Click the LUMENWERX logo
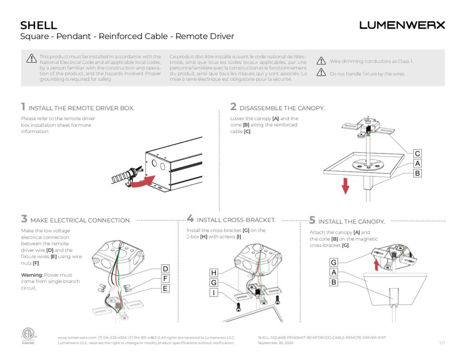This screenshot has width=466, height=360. [x=402, y=25]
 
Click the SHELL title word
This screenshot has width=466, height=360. [x=39, y=25]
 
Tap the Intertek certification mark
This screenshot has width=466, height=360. [x=28, y=335]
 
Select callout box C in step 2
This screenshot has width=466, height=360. [x=417, y=153]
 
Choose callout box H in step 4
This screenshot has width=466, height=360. [x=214, y=273]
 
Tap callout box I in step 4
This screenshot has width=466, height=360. [x=214, y=293]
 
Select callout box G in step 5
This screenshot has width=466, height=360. [x=334, y=263]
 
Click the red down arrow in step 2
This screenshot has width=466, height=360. [x=345, y=185]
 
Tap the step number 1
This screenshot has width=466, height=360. [x=23, y=107]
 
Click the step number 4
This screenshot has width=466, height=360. [x=190, y=218]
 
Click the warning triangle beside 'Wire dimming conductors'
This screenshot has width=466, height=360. [x=321, y=61]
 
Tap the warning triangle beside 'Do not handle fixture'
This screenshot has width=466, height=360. [x=321, y=72]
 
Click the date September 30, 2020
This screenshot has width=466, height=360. [x=275, y=343]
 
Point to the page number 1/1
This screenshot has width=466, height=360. [x=441, y=343]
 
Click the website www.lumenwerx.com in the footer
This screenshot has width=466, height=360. [x=77, y=337]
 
